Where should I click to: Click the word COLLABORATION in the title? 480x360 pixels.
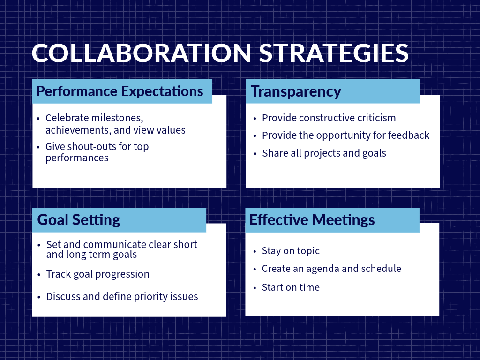[142, 53]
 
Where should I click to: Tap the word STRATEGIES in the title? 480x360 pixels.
[334, 53]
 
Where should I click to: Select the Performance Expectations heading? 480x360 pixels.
[120, 91]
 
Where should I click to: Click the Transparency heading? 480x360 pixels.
[296, 91]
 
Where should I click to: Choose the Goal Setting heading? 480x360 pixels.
[79, 220]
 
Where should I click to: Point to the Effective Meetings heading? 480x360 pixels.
[312, 220]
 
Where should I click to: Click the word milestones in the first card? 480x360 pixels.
[117, 118]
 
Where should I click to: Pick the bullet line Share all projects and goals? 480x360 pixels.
[324, 153]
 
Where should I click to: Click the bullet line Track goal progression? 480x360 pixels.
[97, 274]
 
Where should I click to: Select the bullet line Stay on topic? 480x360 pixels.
[291, 251]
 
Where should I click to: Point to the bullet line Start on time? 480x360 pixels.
[291, 287]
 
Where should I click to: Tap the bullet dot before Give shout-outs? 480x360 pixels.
[38, 147]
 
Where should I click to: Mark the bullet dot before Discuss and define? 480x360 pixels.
[39, 297]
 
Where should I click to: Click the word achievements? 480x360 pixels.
[78, 130]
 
